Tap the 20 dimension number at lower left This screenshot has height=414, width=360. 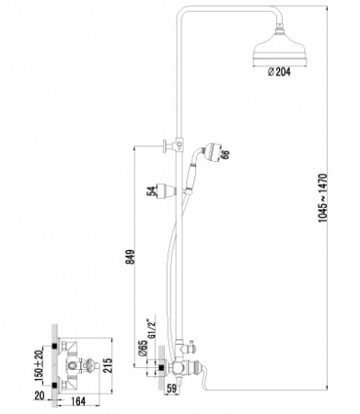click(x=39, y=395)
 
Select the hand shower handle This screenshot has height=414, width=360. click(x=192, y=175)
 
